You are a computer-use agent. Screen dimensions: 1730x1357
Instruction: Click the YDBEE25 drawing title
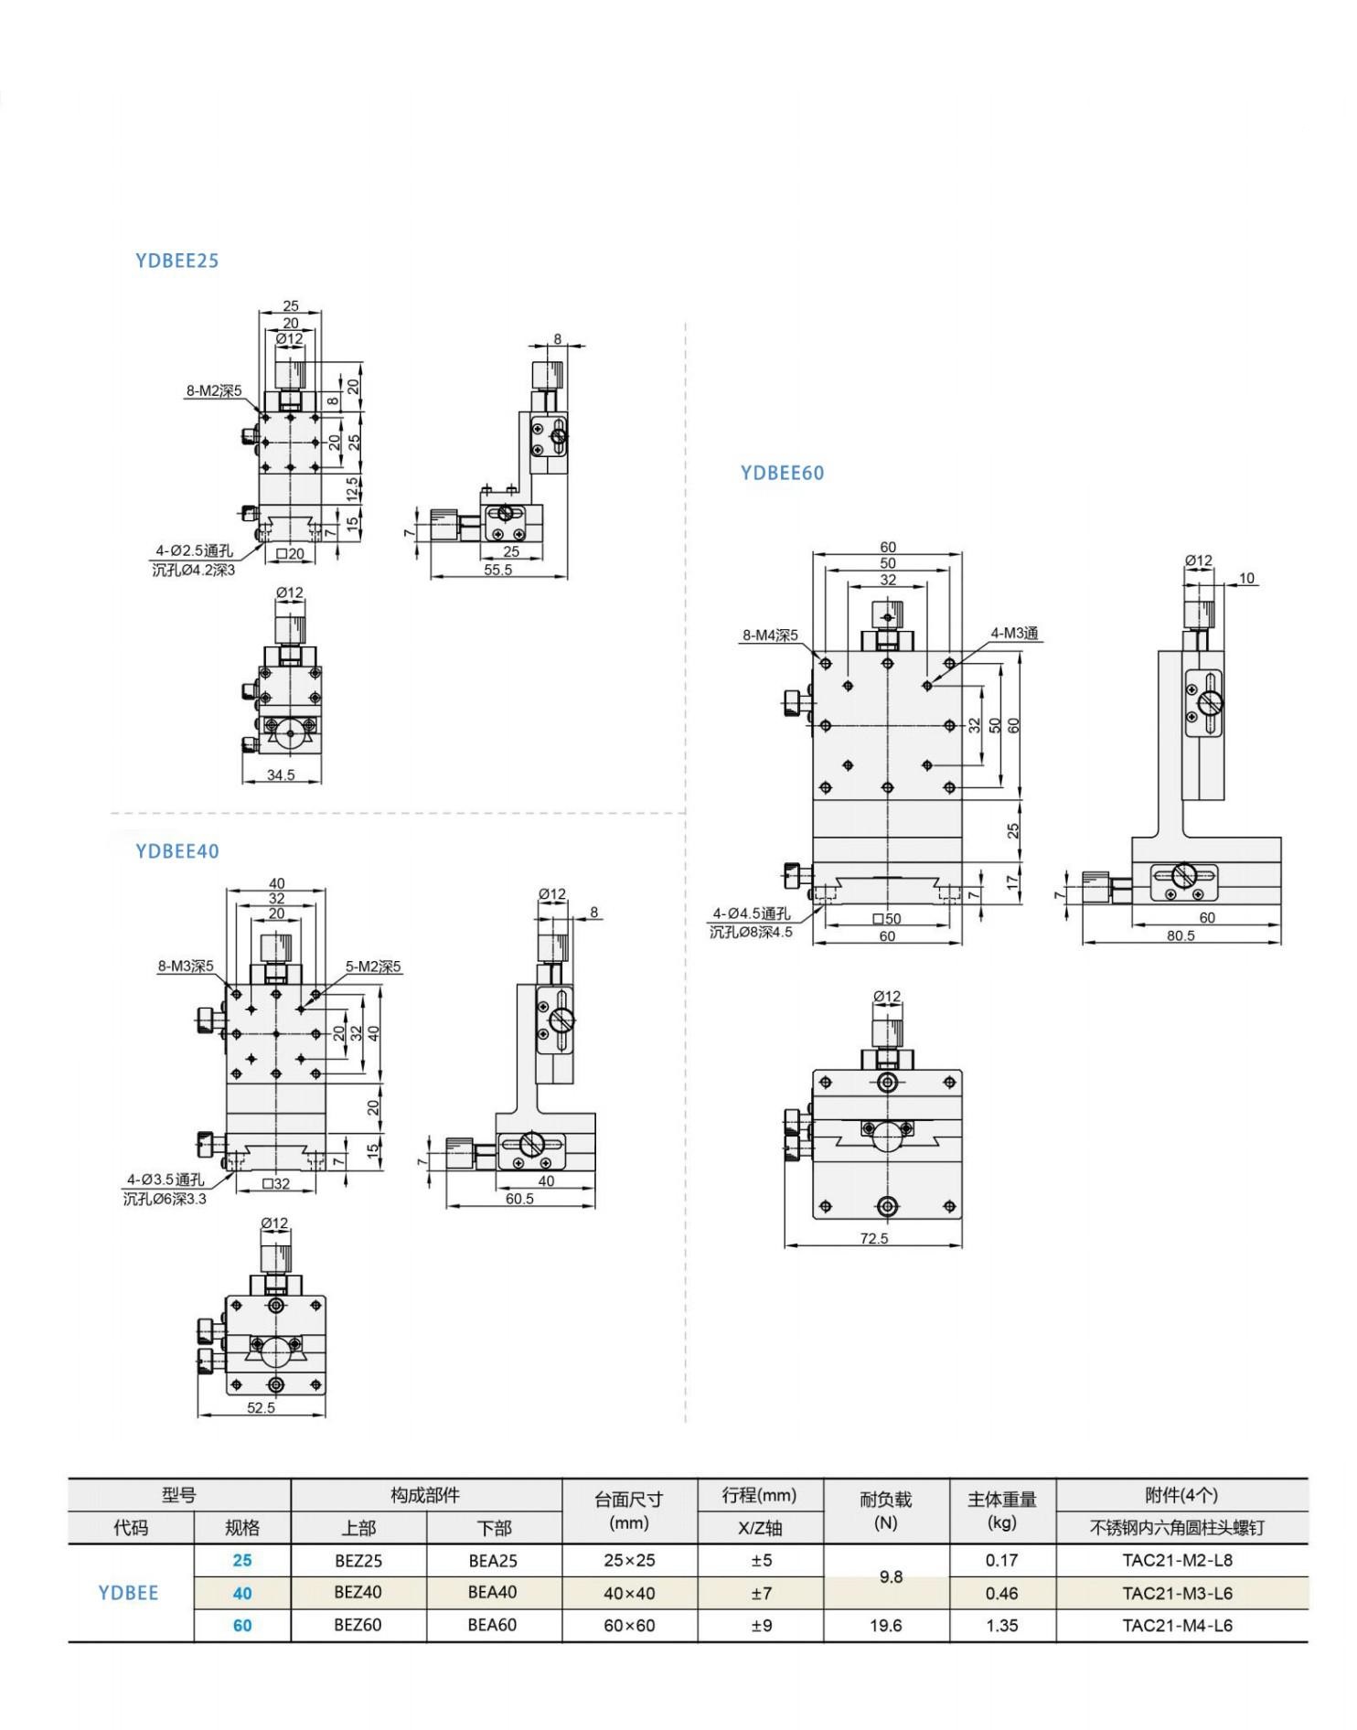coord(176,261)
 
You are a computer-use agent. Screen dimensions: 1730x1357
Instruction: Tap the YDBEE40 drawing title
coord(176,851)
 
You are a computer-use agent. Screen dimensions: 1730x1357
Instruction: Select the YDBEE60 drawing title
coord(782,473)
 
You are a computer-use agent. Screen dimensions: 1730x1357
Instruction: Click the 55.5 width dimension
coord(497,570)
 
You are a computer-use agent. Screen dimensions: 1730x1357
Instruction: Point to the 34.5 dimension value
coord(281,775)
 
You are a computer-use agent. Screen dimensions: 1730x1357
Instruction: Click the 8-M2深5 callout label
coord(214,391)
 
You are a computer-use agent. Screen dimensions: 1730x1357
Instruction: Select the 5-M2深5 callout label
coord(373,966)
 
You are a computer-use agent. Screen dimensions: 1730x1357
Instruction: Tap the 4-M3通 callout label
coord(1015,634)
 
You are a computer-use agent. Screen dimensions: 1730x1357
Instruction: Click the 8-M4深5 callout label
coord(770,635)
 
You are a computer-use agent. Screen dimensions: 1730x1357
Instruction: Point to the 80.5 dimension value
coord(1181,935)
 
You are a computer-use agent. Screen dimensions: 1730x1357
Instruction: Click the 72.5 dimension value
coord(873,1238)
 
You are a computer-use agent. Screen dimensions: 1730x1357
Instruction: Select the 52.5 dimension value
coord(261,1407)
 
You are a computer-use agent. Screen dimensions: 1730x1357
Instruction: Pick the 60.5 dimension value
coord(519,1199)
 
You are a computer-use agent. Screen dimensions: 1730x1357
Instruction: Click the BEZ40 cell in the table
coord(358,1592)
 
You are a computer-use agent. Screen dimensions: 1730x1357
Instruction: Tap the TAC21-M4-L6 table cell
coord(1177,1625)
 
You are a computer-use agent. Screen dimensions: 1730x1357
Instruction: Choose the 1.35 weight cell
coord(1001,1625)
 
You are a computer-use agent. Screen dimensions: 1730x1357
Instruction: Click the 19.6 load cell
coord(885,1625)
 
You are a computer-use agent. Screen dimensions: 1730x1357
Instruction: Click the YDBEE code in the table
coord(128,1593)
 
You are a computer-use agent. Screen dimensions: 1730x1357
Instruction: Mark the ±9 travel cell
coord(761,1625)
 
